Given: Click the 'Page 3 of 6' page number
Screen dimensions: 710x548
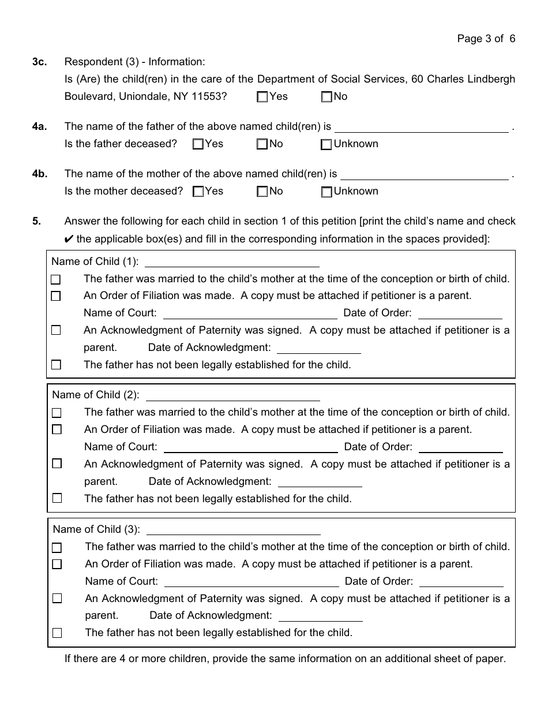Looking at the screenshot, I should coord(486,39).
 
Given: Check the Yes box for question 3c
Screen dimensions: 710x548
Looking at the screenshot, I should coord(262,97).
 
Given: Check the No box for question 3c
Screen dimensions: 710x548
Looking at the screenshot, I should coord(326,97).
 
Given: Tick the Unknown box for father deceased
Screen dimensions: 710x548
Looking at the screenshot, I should coord(326,145).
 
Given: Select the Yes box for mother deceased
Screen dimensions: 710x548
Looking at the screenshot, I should coord(198,192).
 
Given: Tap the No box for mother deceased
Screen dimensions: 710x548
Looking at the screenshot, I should coord(262,192).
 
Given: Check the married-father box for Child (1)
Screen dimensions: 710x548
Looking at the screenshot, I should coord(56,279).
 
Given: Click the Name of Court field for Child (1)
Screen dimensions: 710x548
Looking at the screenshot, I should coord(250,314).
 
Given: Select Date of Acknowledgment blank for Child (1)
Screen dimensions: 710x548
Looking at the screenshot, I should coord(319,349).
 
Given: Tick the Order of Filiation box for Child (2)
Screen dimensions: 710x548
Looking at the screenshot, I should coord(57,430).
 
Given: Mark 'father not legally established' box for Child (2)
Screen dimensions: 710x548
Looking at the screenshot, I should coord(57,498).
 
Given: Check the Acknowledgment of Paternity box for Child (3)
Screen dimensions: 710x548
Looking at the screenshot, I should coord(57,599).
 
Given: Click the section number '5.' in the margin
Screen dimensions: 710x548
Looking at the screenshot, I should coord(36,221).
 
